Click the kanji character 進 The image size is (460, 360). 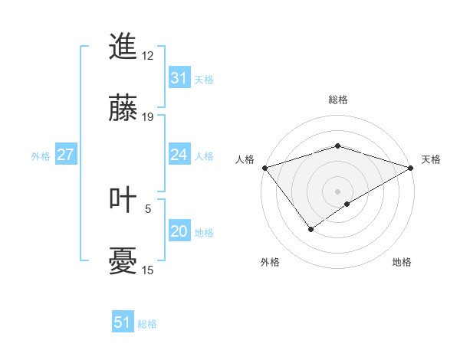tap(123, 47)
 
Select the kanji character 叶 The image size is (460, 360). tap(123, 200)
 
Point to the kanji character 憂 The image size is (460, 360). tap(123, 263)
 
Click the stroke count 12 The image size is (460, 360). tap(148, 55)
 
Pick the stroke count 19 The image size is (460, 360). tap(148, 117)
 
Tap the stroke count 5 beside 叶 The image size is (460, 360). tap(148, 208)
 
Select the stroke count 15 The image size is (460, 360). tap(148, 270)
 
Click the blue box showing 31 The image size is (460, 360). tap(179, 78)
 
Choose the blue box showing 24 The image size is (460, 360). tap(179, 155)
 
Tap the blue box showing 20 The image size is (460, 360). tap(179, 231)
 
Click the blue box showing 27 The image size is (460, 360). tap(65, 155)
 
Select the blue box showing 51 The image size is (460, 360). tap(123, 322)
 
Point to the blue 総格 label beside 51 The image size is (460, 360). tap(147, 324)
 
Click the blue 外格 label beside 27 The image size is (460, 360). tap(41, 156)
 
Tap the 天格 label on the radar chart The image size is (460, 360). tap(432, 159)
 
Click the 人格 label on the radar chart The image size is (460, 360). tap(245, 159)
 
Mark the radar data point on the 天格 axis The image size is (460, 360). tap(412, 167)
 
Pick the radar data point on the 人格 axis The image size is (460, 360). tap(264, 167)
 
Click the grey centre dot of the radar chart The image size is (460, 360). tap(337, 191)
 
